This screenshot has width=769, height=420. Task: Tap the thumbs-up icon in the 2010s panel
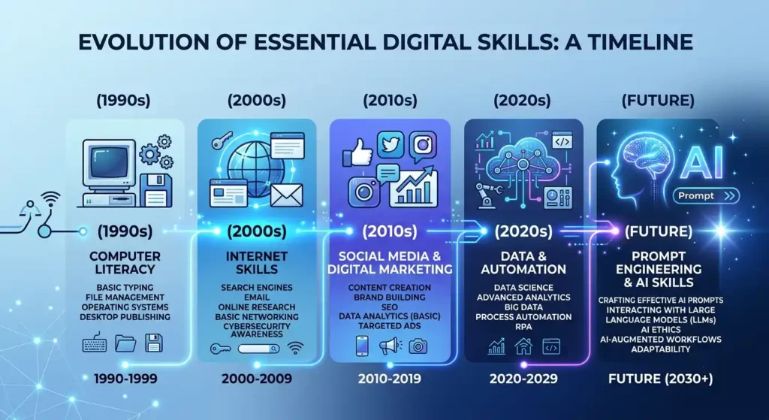pos(357,152)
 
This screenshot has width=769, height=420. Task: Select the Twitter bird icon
pos(391,145)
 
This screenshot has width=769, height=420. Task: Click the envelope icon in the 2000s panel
pos(286,195)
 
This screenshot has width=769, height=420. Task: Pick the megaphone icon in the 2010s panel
pos(391,346)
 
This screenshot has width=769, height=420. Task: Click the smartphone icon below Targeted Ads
pos(362,346)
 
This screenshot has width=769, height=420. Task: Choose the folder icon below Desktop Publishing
pos(125,343)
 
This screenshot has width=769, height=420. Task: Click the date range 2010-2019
pos(390,379)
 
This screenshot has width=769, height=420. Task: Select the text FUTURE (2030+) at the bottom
pos(661,379)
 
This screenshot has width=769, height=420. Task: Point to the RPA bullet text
pos(523,327)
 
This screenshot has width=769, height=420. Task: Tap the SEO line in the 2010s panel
pos(390,307)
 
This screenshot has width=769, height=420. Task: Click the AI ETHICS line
pos(660,330)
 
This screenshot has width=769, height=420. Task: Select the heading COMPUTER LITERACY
pos(125,262)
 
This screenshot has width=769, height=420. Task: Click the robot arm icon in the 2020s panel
pos(488,193)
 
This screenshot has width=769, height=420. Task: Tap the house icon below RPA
pos(523,346)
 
